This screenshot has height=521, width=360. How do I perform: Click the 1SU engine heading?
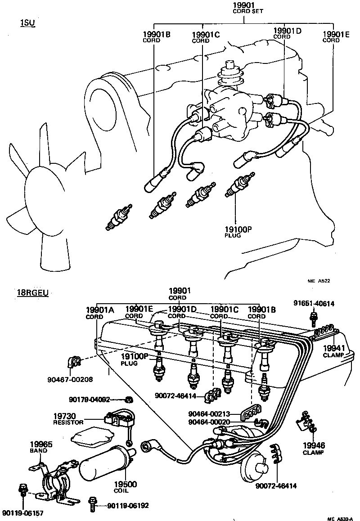[x=27, y=23]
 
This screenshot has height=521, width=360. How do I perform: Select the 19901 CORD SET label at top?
[x=245, y=8]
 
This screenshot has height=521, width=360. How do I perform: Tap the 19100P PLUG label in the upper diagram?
[x=238, y=231]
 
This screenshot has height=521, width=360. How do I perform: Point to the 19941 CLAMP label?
[x=333, y=351]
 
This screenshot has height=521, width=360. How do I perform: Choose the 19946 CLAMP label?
[x=313, y=448]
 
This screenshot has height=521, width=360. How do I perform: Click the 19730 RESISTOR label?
[x=68, y=419]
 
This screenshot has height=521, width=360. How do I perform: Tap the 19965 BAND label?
[x=41, y=447]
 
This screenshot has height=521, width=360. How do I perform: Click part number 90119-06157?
[x=22, y=512]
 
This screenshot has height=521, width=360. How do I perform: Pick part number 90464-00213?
[x=209, y=414]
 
